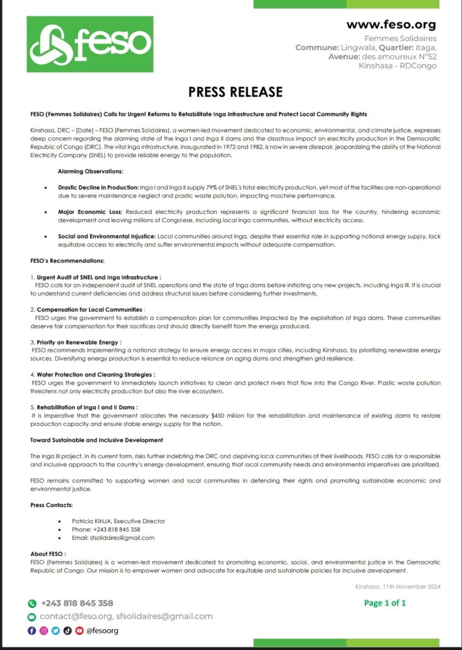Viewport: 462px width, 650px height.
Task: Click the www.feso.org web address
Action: (391, 25)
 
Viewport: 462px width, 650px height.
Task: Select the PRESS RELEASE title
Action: (235, 92)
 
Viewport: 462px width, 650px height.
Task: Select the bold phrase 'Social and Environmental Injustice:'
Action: (107, 235)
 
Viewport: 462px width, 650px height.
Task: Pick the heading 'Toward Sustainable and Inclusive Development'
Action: (96, 440)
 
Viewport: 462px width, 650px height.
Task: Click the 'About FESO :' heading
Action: (48, 554)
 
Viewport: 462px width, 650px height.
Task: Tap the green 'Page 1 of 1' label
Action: (385, 603)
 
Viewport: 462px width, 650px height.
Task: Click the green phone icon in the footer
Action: (32, 603)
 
